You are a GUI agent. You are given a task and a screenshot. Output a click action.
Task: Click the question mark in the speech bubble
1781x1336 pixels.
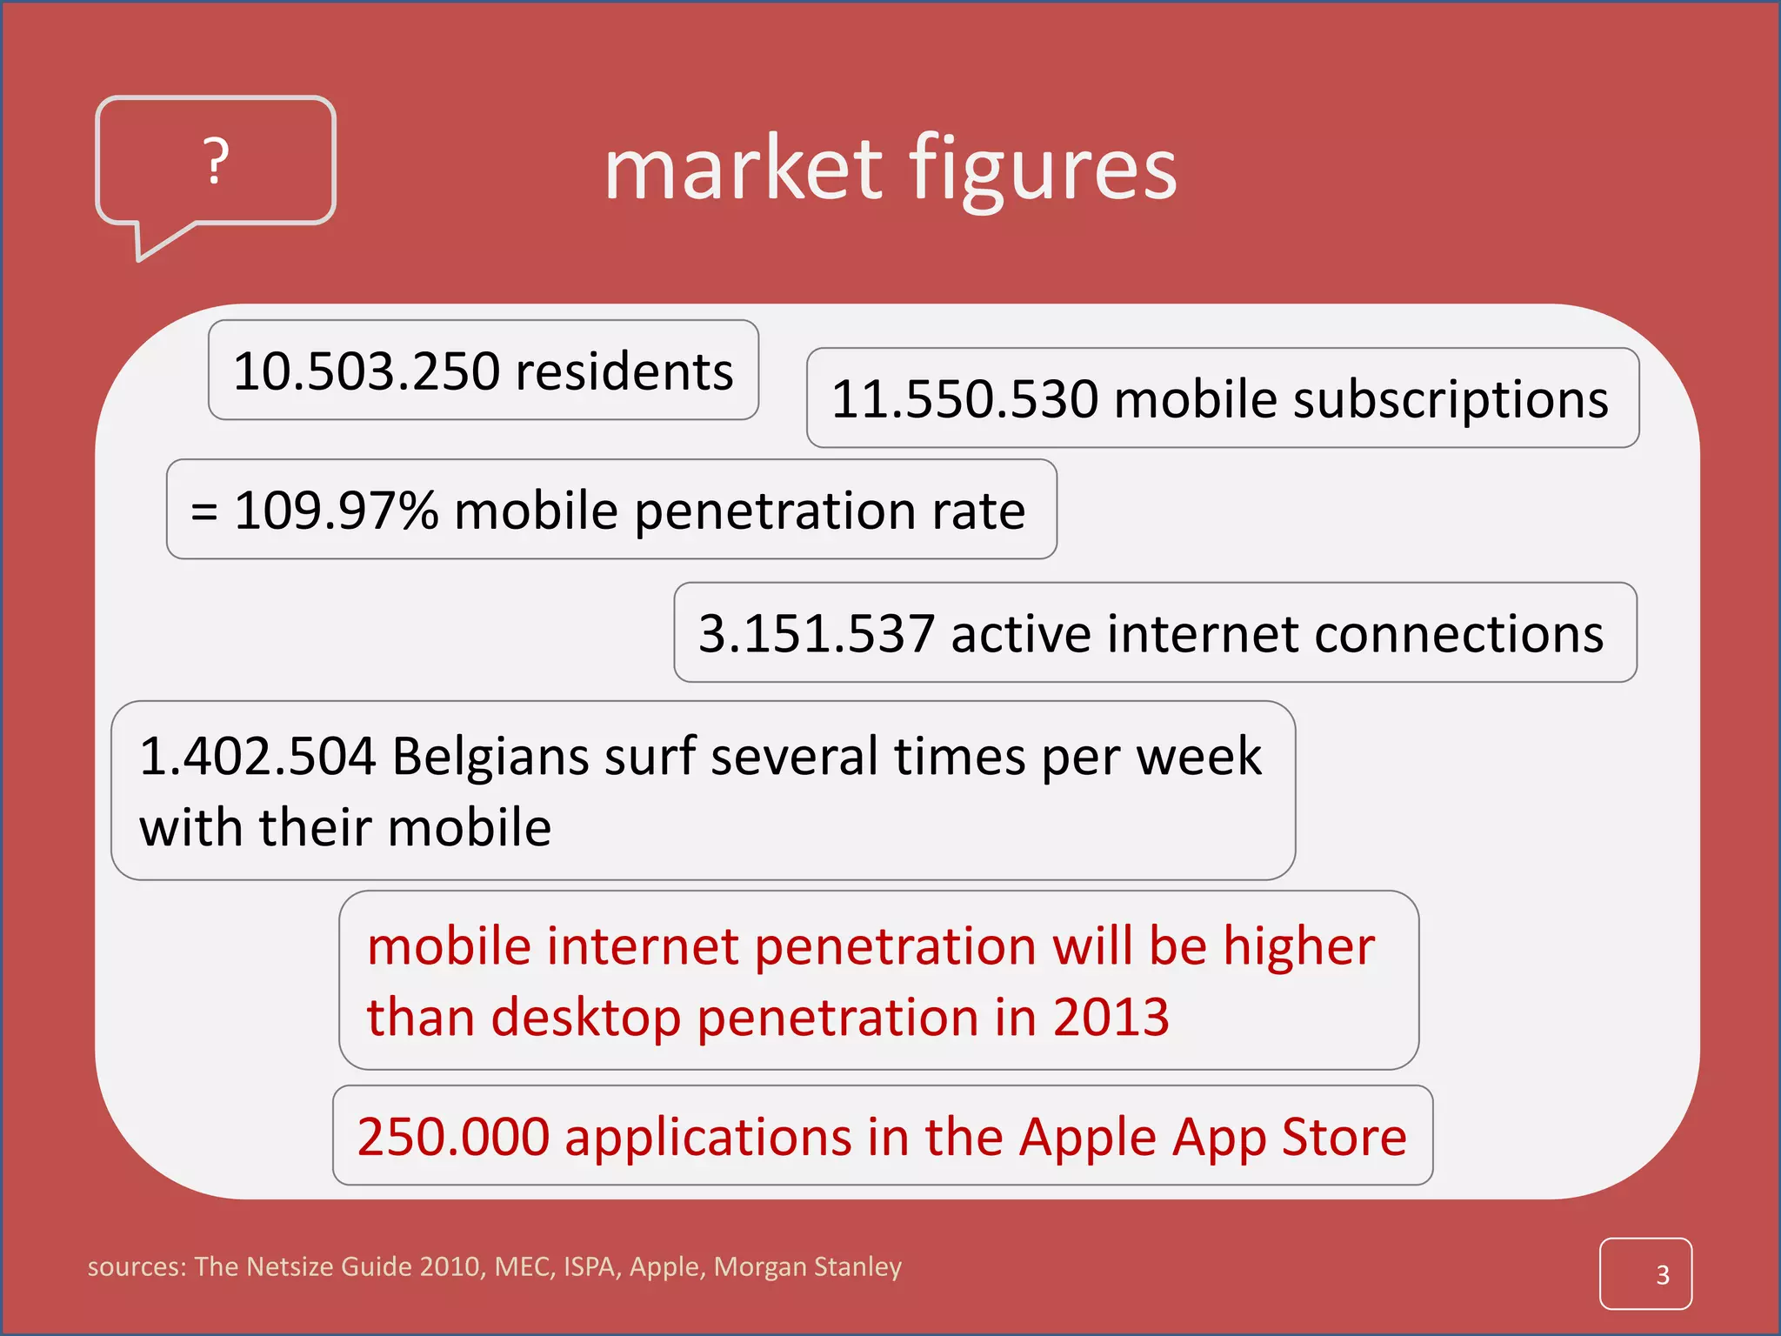click(x=217, y=161)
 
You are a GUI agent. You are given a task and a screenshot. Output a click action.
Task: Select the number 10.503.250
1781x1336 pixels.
click(x=366, y=371)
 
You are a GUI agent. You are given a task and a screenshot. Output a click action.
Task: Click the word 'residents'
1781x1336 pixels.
click(x=624, y=371)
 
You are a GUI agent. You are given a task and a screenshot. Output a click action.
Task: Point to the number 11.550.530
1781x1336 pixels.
click(x=964, y=399)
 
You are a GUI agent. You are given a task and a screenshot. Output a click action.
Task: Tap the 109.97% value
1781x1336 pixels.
click(x=337, y=511)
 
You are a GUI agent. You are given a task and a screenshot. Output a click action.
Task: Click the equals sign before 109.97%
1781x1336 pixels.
click(x=203, y=511)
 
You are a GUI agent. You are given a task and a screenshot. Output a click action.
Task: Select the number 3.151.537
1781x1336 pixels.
click(x=817, y=633)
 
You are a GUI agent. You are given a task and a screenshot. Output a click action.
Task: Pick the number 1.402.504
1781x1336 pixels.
click(x=257, y=756)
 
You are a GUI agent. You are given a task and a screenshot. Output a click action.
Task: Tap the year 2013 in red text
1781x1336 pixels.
click(x=1111, y=1017)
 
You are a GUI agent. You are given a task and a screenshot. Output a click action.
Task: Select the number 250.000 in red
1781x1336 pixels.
click(x=453, y=1137)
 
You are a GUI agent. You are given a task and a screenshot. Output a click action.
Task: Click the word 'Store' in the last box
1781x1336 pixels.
click(x=1344, y=1137)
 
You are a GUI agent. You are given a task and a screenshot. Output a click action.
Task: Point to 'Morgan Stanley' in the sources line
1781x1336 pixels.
click(x=807, y=1267)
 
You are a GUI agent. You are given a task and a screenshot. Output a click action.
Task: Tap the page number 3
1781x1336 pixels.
click(x=1662, y=1275)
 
